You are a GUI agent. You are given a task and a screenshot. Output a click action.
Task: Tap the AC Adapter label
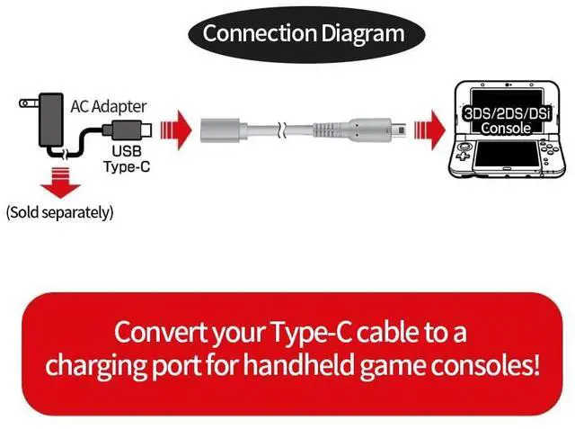pyautogui.click(x=109, y=106)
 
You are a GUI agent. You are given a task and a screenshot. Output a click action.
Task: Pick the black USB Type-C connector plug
pyautogui.click(x=128, y=128)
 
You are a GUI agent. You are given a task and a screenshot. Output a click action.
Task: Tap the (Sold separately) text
pyautogui.click(x=59, y=213)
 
